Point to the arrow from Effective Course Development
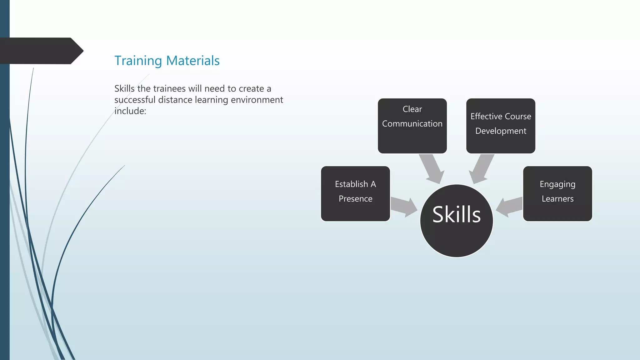click(481, 169)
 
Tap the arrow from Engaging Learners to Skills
click(509, 207)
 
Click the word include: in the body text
click(130, 111)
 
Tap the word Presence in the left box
click(355, 199)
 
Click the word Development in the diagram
click(501, 131)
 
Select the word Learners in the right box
click(557, 199)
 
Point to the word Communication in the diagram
click(412, 124)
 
